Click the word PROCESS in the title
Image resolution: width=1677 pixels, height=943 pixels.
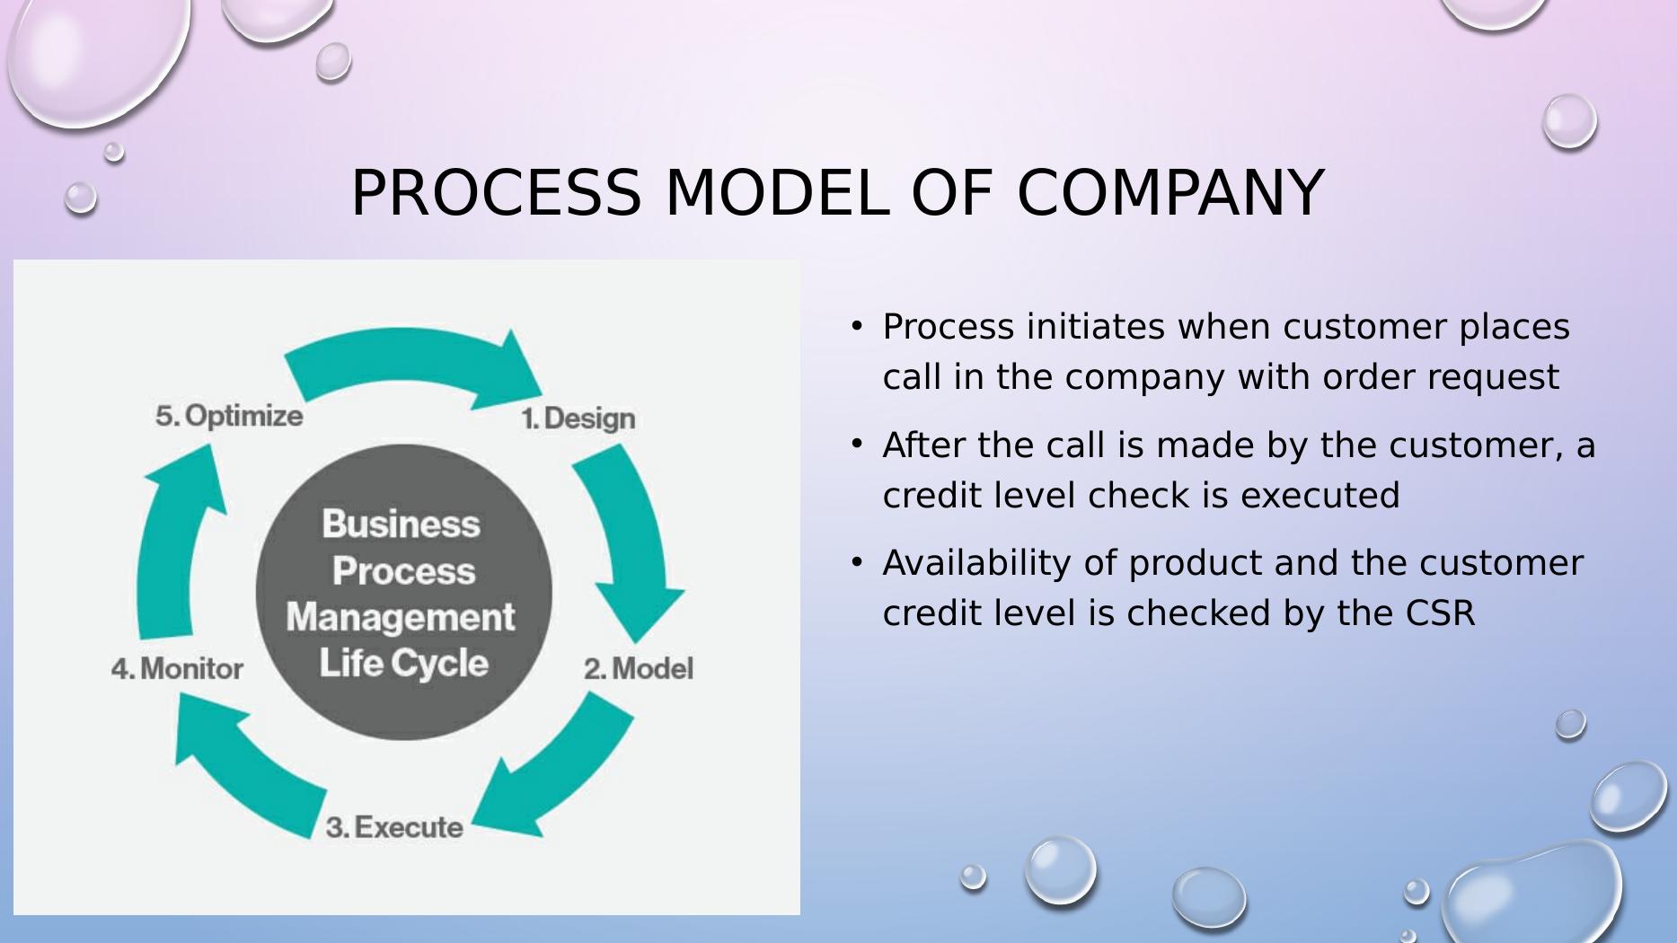point(496,193)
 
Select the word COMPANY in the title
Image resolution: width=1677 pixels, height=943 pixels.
point(1169,193)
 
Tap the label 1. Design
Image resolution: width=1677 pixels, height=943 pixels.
point(578,419)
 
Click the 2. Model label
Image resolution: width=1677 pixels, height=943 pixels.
point(638,669)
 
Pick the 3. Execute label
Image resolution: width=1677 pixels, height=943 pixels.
point(394,827)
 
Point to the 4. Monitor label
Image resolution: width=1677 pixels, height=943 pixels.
point(177,669)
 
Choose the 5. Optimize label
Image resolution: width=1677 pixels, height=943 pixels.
point(229,416)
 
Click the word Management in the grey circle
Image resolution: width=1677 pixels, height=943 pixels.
point(401,618)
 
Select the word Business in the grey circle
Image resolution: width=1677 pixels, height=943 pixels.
point(401,524)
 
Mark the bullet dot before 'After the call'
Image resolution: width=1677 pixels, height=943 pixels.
point(857,444)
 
